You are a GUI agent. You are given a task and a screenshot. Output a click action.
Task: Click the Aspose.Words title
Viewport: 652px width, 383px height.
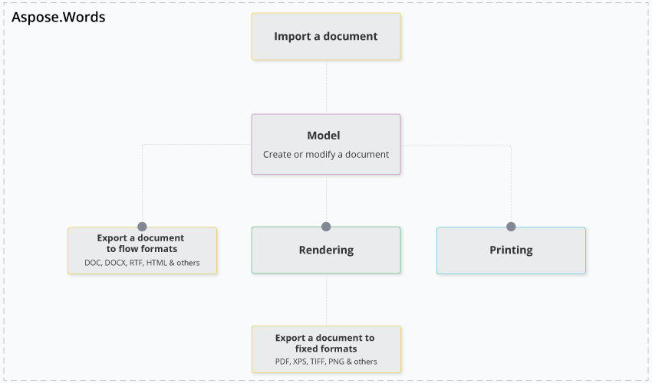click(58, 17)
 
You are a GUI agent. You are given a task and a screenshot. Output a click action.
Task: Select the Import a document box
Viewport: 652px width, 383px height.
click(326, 36)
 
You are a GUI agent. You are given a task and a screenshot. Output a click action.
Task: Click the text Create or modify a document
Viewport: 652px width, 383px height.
click(326, 154)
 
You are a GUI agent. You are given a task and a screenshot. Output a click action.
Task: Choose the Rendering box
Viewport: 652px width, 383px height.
click(326, 250)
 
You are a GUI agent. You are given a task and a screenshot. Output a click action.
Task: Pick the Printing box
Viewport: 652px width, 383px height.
click(511, 250)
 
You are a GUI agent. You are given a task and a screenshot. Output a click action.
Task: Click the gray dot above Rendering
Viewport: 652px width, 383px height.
click(326, 227)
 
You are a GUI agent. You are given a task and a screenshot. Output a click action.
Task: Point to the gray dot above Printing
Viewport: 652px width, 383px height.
click(511, 227)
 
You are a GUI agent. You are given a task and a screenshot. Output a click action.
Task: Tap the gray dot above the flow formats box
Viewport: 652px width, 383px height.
click(142, 227)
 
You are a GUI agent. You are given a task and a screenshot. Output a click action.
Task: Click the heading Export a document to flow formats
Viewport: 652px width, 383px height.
click(141, 244)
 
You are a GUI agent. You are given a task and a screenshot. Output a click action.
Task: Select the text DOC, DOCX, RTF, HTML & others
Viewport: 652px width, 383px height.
click(142, 263)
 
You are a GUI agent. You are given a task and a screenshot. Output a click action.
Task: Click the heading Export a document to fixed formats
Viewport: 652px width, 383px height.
click(325, 343)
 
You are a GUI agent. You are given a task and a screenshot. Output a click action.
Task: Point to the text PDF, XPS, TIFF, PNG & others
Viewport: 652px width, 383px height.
click(326, 362)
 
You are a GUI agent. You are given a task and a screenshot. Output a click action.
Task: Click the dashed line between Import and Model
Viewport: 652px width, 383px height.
click(326, 87)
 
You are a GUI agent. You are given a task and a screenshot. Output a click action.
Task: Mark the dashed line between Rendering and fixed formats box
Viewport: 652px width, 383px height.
click(326, 300)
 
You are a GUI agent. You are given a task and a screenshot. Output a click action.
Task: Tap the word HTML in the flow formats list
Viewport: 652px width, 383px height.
click(156, 263)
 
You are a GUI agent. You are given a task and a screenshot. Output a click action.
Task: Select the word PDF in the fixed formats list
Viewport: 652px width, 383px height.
click(282, 362)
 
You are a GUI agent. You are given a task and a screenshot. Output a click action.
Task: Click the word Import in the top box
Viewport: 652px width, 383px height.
click(293, 36)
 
